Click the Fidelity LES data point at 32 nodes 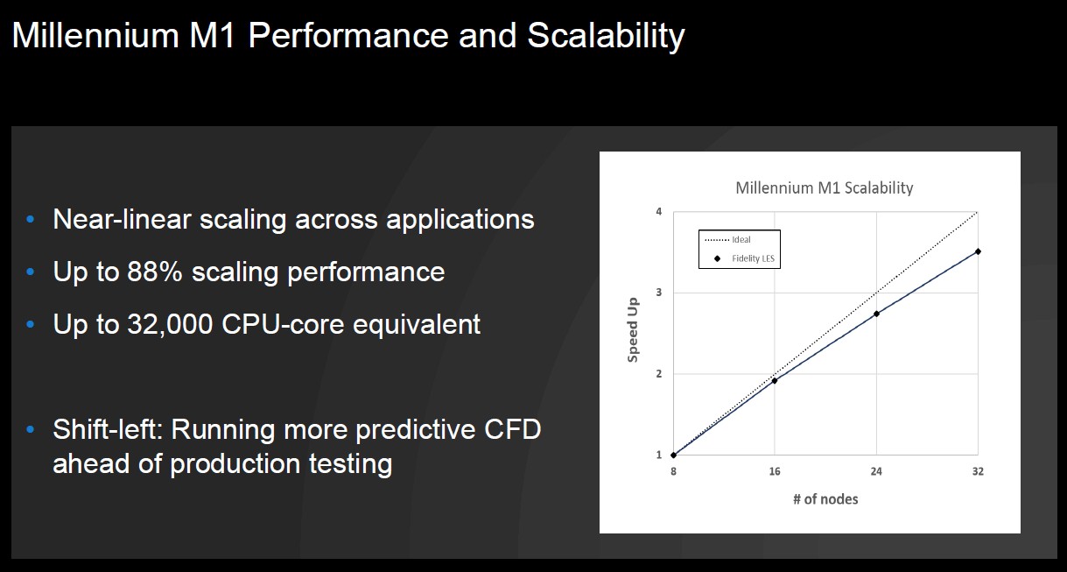(978, 251)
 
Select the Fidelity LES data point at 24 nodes (876, 314)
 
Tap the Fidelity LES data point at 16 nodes (775, 380)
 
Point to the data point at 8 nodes (673, 455)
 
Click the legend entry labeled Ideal (727, 240)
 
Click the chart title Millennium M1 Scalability (825, 187)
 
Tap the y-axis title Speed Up (633, 330)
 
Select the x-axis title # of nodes (825, 499)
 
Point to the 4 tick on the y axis (659, 212)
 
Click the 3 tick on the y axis (659, 293)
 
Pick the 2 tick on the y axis (659, 374)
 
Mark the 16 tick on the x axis (775, 471)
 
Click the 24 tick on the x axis (876, 471)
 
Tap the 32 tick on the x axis (978, 471)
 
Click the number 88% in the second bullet (155, 272)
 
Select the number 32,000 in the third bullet (170, 325)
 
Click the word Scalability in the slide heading (606, 37)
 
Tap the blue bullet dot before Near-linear (31, 219)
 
